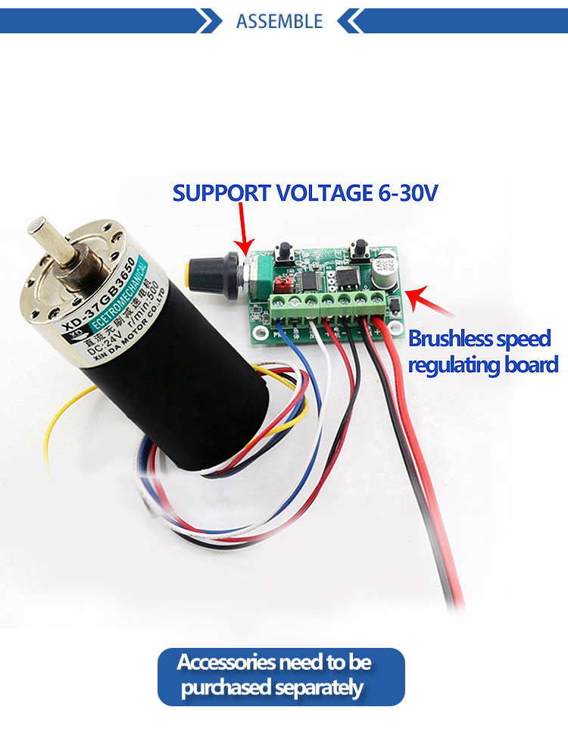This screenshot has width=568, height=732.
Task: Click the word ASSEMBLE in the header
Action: pos(279,21)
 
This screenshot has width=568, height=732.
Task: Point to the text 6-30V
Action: pos(408,192)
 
